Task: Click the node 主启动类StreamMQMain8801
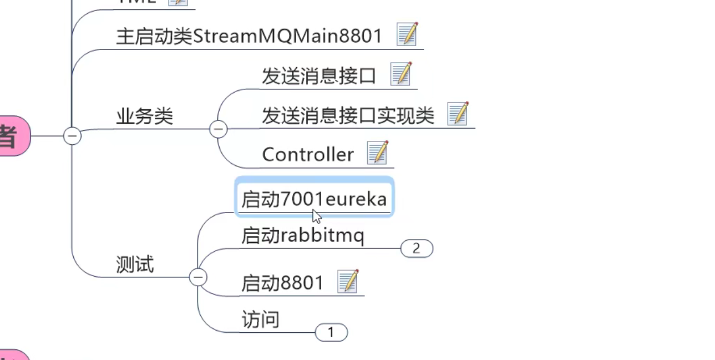pos(249,37)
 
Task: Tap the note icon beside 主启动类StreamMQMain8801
pos(407,34)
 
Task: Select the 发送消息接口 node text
pos(319,77)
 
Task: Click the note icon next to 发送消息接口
pos(401,74)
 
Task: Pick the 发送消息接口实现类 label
pos(348,115)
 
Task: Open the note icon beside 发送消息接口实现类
pos(458,114)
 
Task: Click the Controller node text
pos(308,155)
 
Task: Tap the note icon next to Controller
pos(378,153)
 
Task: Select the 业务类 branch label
pos(144,117)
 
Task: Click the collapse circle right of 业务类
pos(218,130)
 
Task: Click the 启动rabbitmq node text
pos(302,236)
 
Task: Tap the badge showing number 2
pos(416,249)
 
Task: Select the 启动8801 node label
pos(282,283)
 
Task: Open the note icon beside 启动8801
pos(348,282)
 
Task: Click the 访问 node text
pos(260,320)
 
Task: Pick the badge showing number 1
pos(331,332)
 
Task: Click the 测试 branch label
pos(135,265)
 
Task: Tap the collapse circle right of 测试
pos(198,277)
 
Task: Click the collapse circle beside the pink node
pos(72,135)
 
